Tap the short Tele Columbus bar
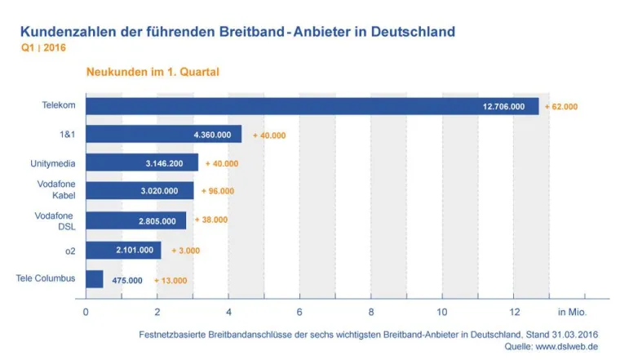[95, 279]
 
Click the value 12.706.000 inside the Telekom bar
[503, 106]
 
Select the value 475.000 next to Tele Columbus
[126, 280]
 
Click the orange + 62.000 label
[561, 106]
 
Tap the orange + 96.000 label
[218, 191]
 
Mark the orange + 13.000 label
[170, 280]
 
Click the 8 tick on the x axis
[371, 311]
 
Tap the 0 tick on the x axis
[86, 311]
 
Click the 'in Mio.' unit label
[572, 311]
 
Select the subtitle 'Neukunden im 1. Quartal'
[153, 72]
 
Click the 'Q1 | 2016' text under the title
[43, 47]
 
